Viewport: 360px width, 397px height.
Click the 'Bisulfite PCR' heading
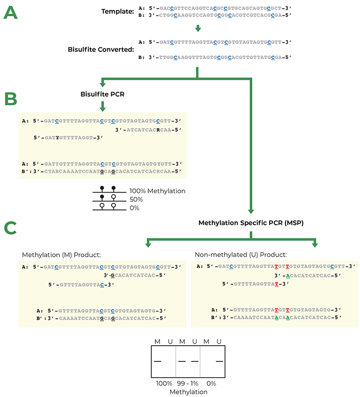coord(103,95)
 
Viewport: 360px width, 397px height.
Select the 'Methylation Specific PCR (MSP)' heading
coord(251,223)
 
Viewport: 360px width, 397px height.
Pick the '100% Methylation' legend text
coord(157,191)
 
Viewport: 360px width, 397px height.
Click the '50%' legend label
coord(136,199)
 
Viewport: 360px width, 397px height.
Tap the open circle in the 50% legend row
coord(114,199)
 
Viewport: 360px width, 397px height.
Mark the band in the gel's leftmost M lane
coord(158,361)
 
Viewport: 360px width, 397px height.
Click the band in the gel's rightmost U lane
coord(219,361)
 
